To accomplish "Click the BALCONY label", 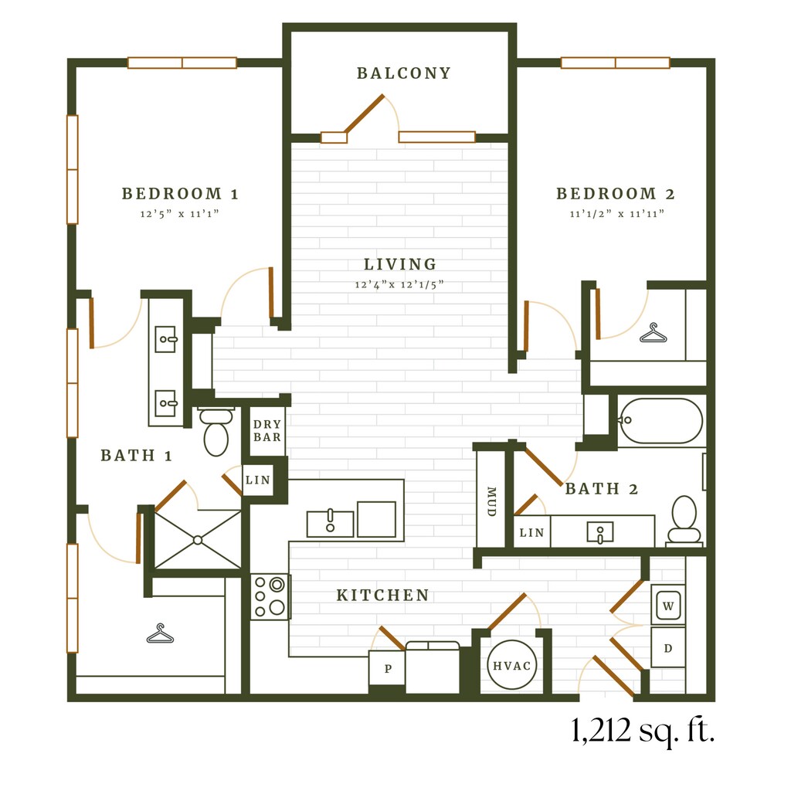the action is coord(403,73).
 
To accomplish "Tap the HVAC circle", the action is coord(511,665).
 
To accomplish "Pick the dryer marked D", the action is coord(668,648).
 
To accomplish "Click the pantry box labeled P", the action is coord(387,668).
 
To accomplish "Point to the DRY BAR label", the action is coord(266,431).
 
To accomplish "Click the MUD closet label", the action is coord(491,501).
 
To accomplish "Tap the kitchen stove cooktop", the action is coord(270,597).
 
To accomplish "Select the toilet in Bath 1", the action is coord(216,431).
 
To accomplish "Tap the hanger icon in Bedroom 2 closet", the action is coord(654,333).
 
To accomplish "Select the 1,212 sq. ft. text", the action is coord(643,730).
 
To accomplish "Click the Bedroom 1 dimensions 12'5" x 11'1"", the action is coord(179,214).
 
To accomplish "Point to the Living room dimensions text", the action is coord(399,284).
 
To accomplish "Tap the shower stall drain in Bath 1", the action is coord(198,540).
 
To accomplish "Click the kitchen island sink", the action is coord(331,524).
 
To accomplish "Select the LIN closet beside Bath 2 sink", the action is coord(531,532).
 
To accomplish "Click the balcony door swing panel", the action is coord(365,114).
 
